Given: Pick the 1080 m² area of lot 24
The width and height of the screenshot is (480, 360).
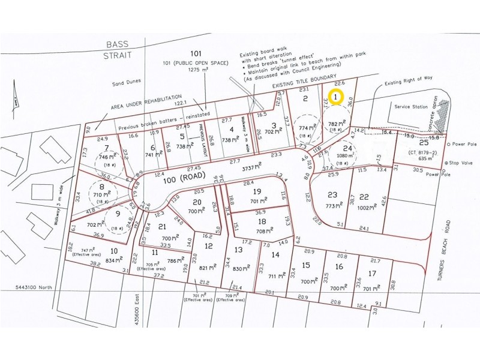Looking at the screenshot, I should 343,162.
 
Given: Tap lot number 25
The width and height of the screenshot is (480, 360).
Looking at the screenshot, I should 424,142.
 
